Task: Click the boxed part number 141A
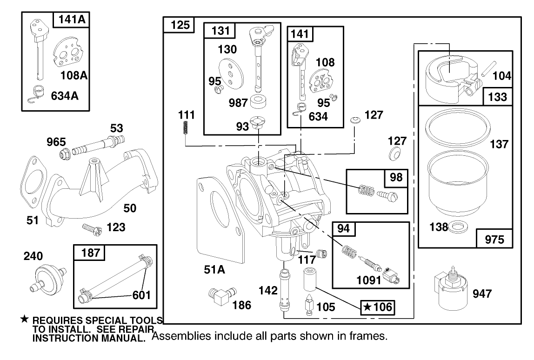(x=72, y=20)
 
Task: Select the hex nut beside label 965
(x=65, y=152)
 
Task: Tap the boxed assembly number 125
(x=178, y=25)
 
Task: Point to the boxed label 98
(x=394, y=177)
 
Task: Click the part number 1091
(x=370, y=280)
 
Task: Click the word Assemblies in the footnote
(x=179, y=335)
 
